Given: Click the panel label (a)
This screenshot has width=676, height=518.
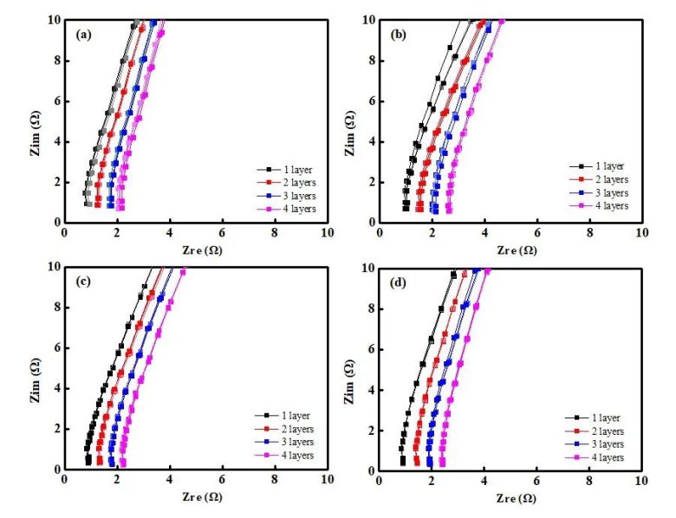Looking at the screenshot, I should (x=84, y=35).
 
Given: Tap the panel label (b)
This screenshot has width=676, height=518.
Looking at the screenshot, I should (x=400, y=35).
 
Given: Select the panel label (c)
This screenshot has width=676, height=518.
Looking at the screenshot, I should (x=84, y=282).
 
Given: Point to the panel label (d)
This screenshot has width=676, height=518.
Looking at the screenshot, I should (x=400, y=282).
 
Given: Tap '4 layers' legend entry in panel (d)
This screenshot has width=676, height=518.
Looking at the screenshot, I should (x=610, y=456).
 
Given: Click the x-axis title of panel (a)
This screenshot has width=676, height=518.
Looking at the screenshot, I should (x=195, y=250).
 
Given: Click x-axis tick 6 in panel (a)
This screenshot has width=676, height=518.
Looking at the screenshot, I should (x=223, y=233).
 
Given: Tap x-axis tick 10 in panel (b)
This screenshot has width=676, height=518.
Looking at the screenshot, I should (x=641, y=233).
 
